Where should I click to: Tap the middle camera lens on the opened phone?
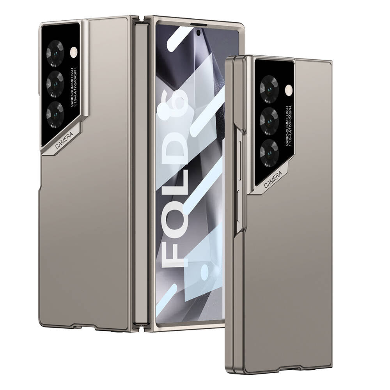coord(55,82)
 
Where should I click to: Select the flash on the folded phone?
coord(288,90)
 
